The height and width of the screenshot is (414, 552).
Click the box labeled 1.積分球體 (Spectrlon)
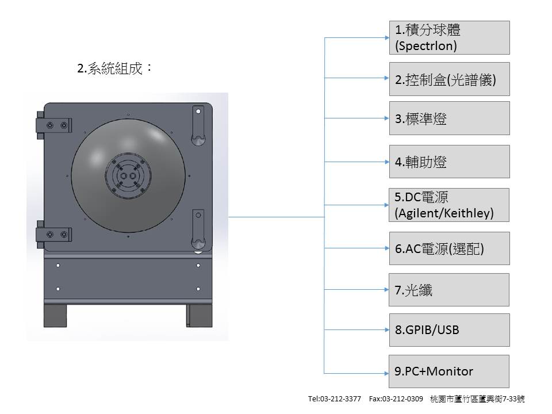point(449,37)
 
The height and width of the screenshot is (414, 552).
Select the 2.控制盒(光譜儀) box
point(449,79)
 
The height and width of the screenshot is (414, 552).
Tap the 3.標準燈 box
point(449,118)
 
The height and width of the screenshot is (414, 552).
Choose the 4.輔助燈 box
point(449,162)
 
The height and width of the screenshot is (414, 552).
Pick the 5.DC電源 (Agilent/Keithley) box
point(449,205)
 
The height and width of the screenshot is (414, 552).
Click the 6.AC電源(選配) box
point(449,248)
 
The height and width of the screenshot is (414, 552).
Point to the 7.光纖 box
point(449,290)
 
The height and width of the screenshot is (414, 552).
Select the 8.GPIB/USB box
point(449,330)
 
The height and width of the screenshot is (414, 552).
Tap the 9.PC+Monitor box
point(449,371)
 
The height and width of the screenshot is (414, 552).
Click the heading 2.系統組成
point(114,68)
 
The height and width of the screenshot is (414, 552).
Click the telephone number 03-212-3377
point(343,398)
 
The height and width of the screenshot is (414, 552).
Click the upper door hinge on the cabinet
point(53,125)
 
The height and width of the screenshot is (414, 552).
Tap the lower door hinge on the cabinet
point(53,234)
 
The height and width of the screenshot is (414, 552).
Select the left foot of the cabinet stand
point(55,316)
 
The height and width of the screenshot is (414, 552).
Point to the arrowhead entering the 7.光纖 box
point(386,290)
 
